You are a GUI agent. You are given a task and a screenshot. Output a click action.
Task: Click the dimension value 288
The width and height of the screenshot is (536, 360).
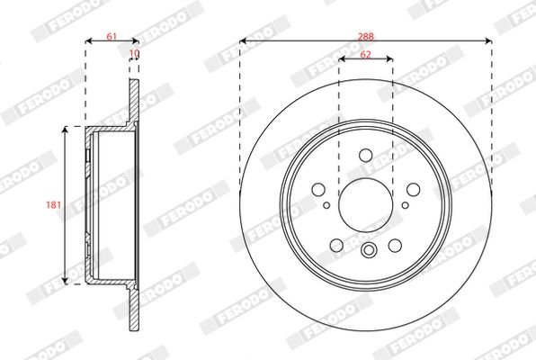tap(366, 36)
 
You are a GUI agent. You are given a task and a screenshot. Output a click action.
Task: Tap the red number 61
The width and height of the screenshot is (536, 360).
tap(112, 36)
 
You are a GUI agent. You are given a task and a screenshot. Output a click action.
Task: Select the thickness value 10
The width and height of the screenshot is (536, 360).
tap(135, 53)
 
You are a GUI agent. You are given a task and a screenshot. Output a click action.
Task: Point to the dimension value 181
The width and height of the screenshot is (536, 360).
tap(53, 205)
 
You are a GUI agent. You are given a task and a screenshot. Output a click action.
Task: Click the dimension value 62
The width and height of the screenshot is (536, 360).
tap(365, 54)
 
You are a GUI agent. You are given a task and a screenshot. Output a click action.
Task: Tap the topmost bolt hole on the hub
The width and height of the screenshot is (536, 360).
tap(366, 155)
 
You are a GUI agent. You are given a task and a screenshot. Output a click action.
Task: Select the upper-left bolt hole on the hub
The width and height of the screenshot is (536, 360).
tap(318, 189)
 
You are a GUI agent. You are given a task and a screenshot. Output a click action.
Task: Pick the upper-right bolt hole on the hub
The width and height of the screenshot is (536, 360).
tap(414, 189)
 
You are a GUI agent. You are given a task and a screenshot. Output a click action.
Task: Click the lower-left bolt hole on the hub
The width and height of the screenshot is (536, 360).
tap(336, 245)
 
